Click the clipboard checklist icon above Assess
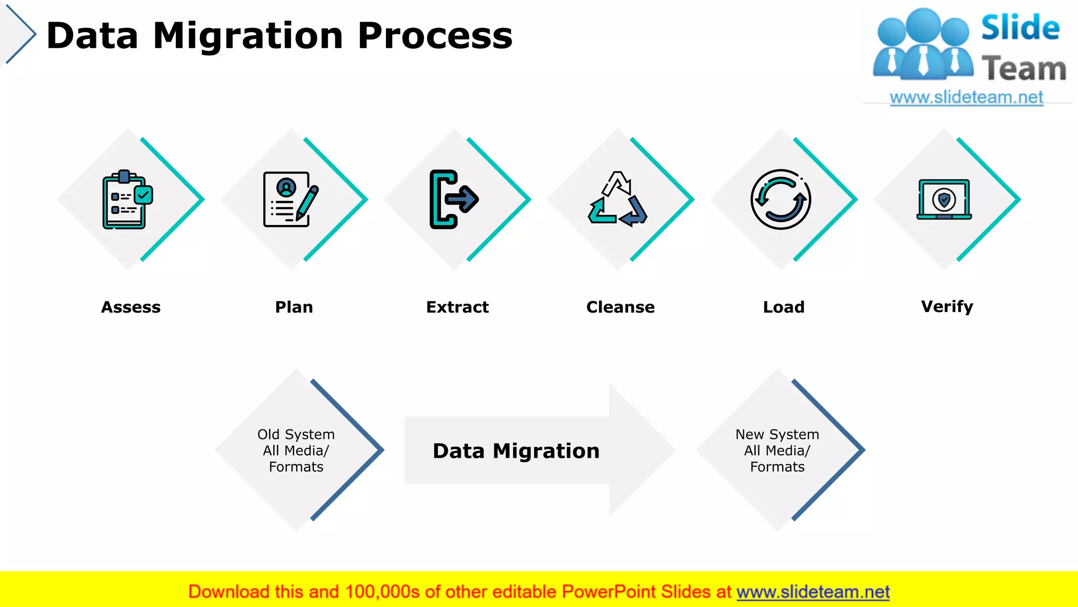(x=127, y=199)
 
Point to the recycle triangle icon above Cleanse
(x=617, y=199)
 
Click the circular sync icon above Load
(x=781, y=199)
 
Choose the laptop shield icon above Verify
(x=944, y=199)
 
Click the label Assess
(x=131, y=307)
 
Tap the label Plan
(x=294, y=307)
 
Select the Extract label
(x=457, y=307)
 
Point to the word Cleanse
(x=621, y=307)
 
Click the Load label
(x=784, y=307)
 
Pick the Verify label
(x=947, y=307)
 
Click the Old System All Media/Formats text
(x=296, y=451)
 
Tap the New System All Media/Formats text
(x=777, y=451)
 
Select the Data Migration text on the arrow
(x=516, y=451)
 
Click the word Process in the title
(x=435, y=36)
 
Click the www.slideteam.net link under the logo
(x=966, y=97)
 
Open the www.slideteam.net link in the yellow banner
(x=813, y=592)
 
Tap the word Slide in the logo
(x=1020, y=28)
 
